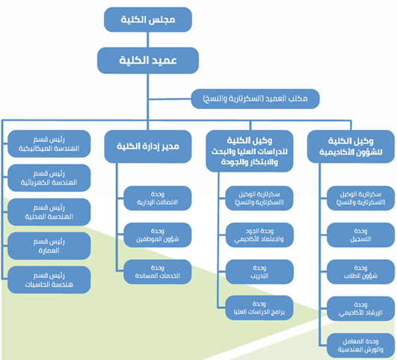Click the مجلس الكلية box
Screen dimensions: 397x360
148,19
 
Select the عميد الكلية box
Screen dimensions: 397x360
148,60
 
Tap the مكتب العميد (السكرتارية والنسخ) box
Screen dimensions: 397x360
255,99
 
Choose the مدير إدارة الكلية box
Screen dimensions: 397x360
148,146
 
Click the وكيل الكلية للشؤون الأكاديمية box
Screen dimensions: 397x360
351,146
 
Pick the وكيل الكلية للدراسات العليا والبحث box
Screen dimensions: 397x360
250,151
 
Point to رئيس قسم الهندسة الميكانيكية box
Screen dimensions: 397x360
49,143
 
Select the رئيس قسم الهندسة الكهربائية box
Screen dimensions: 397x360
49,178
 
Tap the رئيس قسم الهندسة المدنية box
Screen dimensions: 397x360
49,212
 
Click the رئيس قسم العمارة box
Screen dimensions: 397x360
49,246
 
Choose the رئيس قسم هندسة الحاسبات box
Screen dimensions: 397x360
49,280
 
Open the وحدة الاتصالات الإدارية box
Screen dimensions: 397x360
158,199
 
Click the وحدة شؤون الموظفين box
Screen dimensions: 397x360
158,235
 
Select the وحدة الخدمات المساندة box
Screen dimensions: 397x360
158,272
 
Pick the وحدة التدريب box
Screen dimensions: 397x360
259,272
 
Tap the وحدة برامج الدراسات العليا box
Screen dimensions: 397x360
259,308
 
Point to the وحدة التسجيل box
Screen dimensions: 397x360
361,235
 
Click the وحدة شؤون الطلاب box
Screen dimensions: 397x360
361,272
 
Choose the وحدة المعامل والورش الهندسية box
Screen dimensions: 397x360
361,346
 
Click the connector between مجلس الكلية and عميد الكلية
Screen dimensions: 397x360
148,40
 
